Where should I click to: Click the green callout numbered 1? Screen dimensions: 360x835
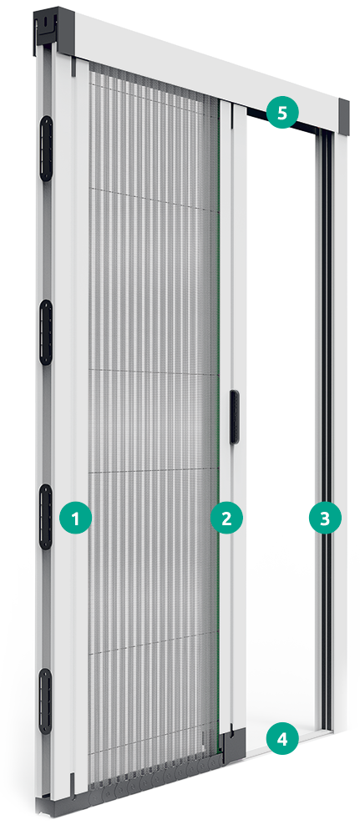[76, 518]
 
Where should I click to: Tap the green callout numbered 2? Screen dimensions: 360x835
[227, 518]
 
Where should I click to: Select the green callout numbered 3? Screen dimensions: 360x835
[325, 518]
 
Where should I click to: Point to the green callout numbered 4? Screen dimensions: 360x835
[283, 739]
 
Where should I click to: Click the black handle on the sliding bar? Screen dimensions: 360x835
[235, 417]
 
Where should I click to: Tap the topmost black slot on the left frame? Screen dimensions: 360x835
[46, 148]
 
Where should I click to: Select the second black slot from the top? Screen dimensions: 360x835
[46, 332]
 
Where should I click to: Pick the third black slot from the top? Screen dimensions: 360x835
[46, 517]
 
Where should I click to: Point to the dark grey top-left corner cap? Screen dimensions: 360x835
[53, 28]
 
